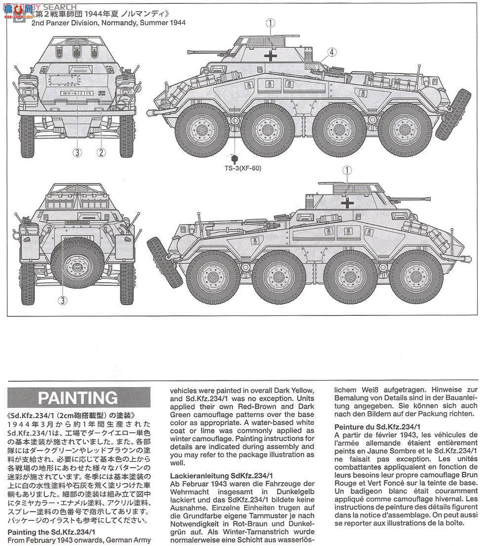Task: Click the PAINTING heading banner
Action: [x=78, y=397]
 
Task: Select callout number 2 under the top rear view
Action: [x=101, y=153]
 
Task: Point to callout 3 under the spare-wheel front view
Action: [x=62, y=300]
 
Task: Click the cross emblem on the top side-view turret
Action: [x=270, y=55]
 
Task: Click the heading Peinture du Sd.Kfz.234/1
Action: [x=378, y=426]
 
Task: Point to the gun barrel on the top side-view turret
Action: [x=207, y=50]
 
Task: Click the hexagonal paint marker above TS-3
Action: [x=235, y=158]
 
